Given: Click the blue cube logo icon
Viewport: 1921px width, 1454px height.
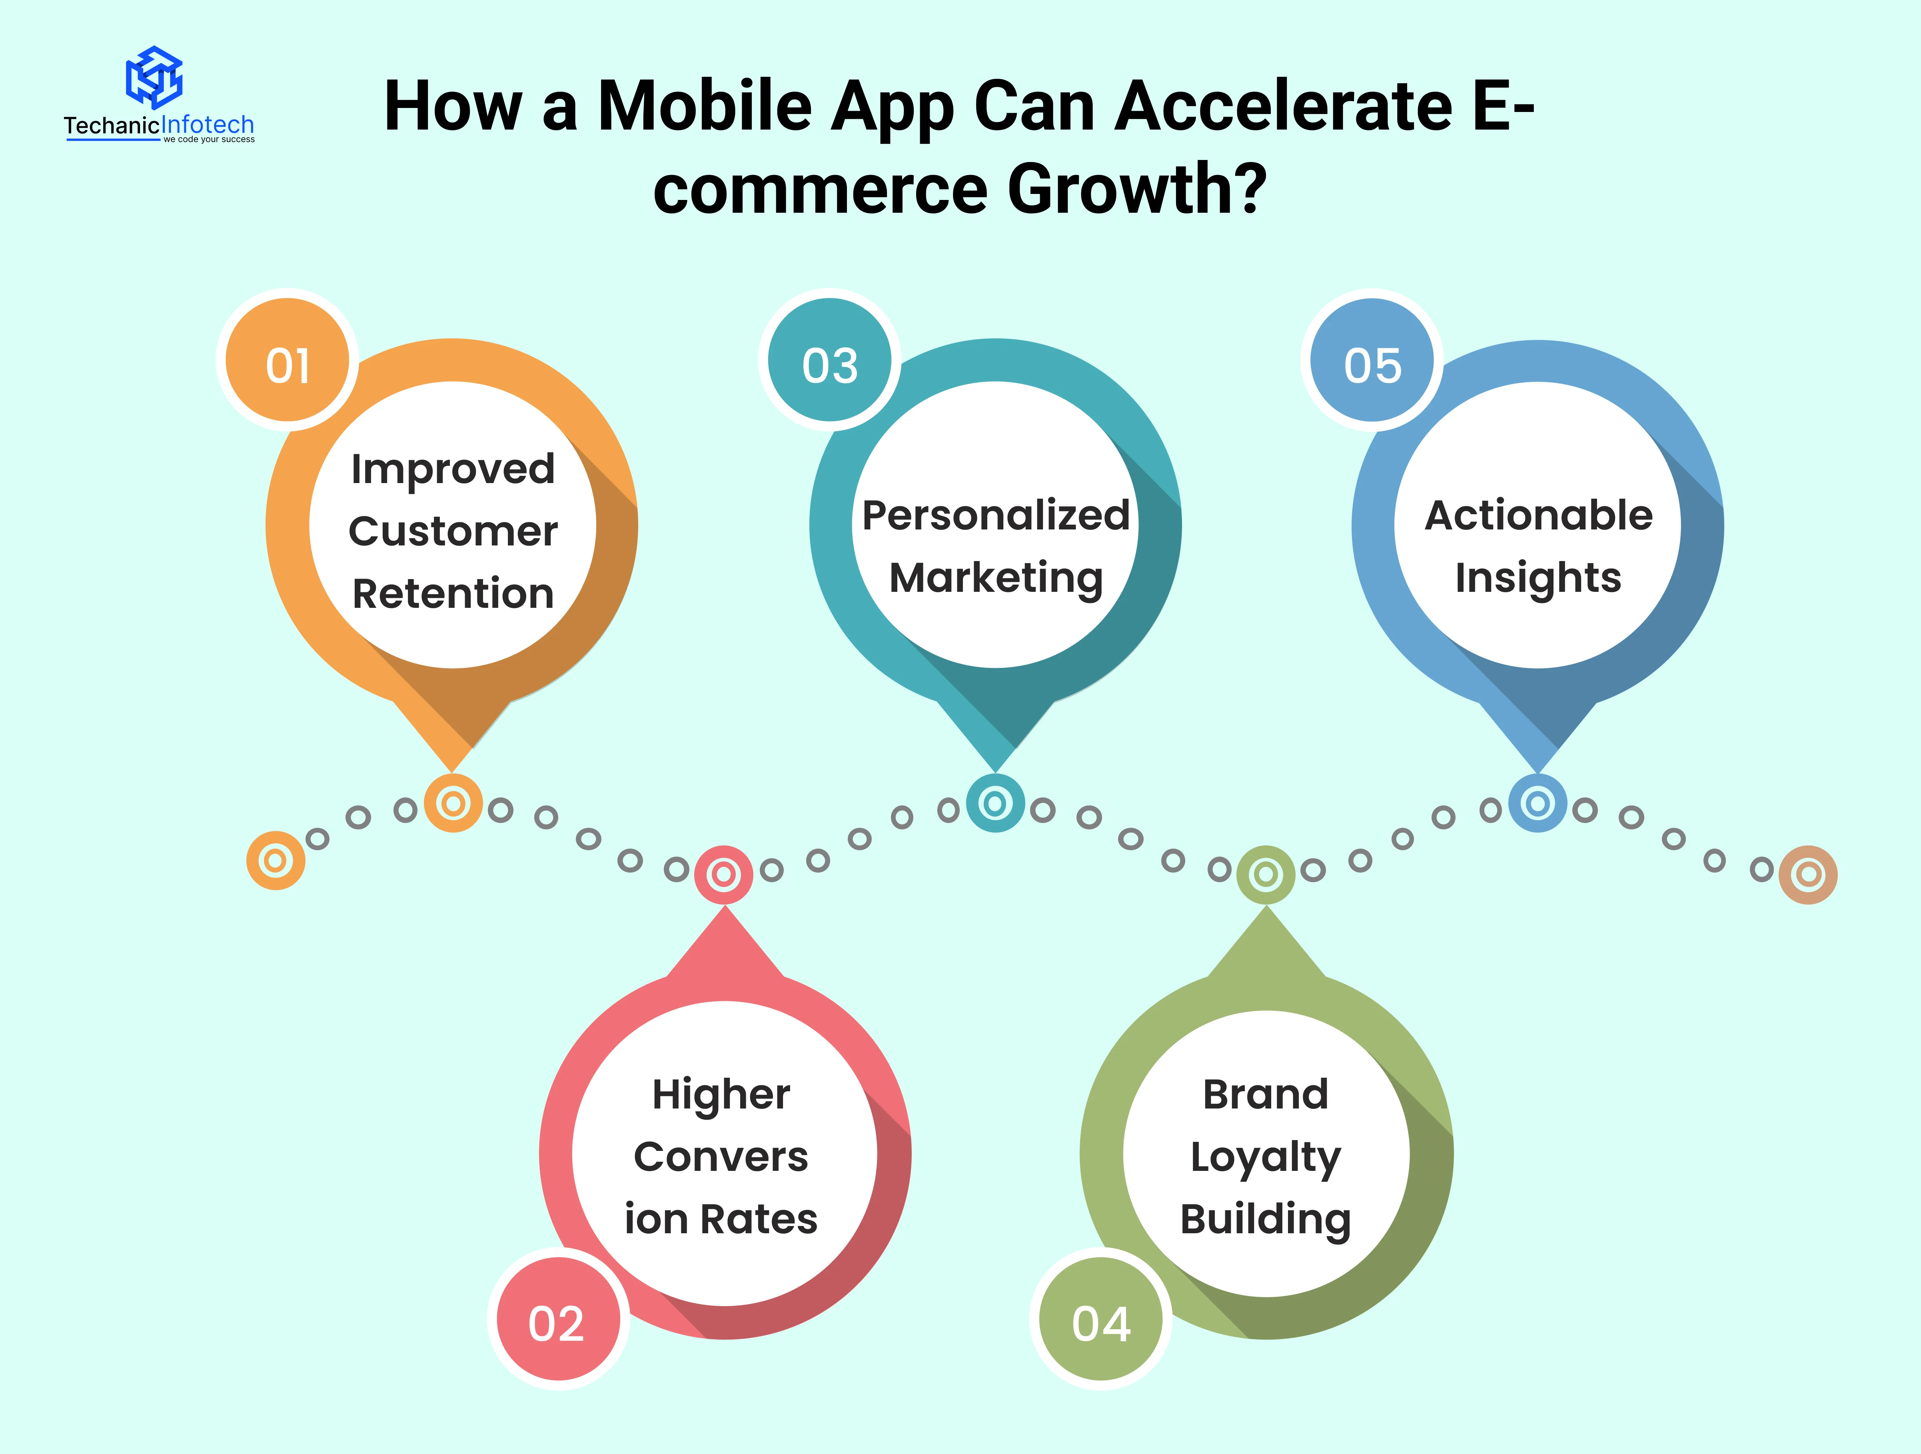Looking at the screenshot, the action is (155, 77).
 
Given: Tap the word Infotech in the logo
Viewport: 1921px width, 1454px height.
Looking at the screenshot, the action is (208, 125).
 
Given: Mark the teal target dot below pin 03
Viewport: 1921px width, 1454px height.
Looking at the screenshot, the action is (995, 803).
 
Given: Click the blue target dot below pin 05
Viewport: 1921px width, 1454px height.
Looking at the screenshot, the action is (1537, 803).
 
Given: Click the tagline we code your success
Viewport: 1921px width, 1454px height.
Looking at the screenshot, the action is (209, 139).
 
